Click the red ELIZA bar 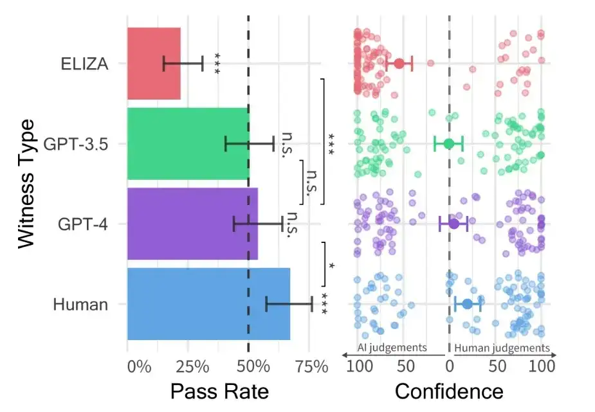click(x=154, y=64)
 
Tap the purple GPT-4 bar click(x=192, y=224)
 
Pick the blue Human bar click(x=208, y=304)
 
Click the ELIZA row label click(x=84, y=64)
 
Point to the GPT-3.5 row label click(x=75, y=144)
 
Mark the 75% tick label click(x=312, y=367)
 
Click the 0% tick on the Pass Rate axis click(x=139, y=367)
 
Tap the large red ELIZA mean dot click(x=399, y=64)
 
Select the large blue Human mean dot click(x=467, y=304)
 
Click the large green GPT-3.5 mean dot click(x=448, y=143)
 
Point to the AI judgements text click(x=392, y=348)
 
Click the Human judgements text click(x=502, y=348)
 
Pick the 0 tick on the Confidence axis click(x=449, y=367)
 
